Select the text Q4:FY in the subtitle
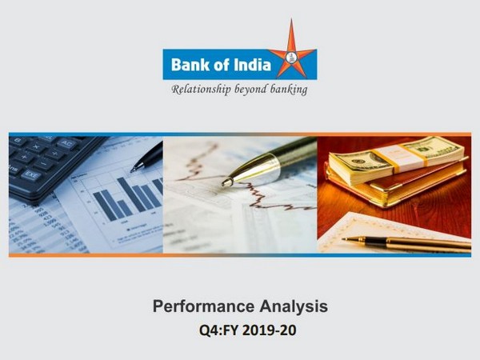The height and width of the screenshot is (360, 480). [218, 330]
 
